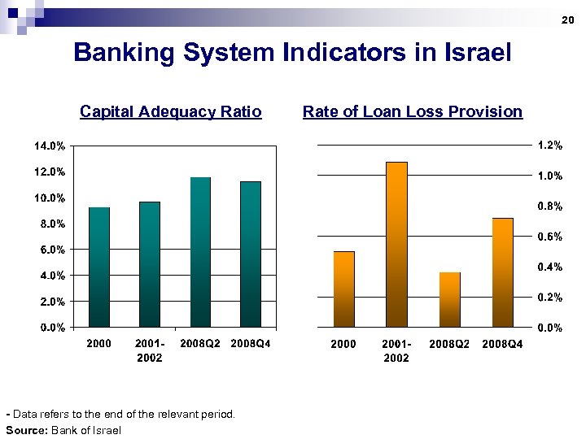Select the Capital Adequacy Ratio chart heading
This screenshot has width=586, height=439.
(x=171, y=111)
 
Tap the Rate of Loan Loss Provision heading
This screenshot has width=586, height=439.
(x=413, y=111)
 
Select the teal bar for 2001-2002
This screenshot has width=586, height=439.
(x=150, y=264)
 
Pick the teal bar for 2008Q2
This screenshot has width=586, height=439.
(x=200, y=252)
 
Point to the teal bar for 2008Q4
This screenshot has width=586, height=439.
(x=251, y=254)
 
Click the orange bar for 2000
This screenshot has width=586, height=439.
(x=344, y=289)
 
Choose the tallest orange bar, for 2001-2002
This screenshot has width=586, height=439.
(x=396, y=245)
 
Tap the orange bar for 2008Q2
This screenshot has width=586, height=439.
(x=450, y=299)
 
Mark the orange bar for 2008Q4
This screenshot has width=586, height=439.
(x=502, y=272)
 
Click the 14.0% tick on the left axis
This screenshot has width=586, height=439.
(x=49, y=146)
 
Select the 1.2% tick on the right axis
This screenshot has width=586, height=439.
(x=549, y=146)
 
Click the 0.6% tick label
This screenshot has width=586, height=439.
(x=549, y=237)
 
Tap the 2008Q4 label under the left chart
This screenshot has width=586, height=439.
(x=251, y=344)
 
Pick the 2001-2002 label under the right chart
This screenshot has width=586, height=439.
(x=396, y=351)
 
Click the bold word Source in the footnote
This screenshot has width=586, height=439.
(x=25, y=430)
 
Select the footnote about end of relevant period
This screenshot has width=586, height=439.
(x=120, y=415)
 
